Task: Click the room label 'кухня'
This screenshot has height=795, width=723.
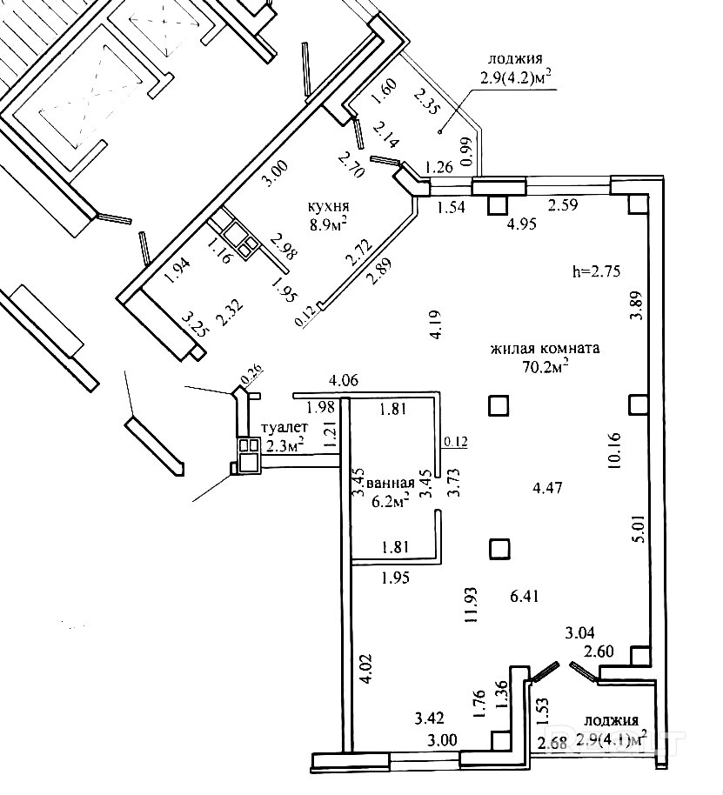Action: pos(328,207)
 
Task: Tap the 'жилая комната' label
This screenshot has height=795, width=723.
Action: pos(545,349)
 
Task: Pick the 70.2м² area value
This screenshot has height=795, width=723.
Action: pos(546,367)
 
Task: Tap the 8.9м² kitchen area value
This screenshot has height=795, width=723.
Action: pos(330,224)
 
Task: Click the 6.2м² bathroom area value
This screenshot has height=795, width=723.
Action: pos(390,501)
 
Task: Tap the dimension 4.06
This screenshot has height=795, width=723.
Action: pos(343,380)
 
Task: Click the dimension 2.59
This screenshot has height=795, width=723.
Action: pos(563,205)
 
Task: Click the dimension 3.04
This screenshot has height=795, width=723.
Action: pos(580,632)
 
